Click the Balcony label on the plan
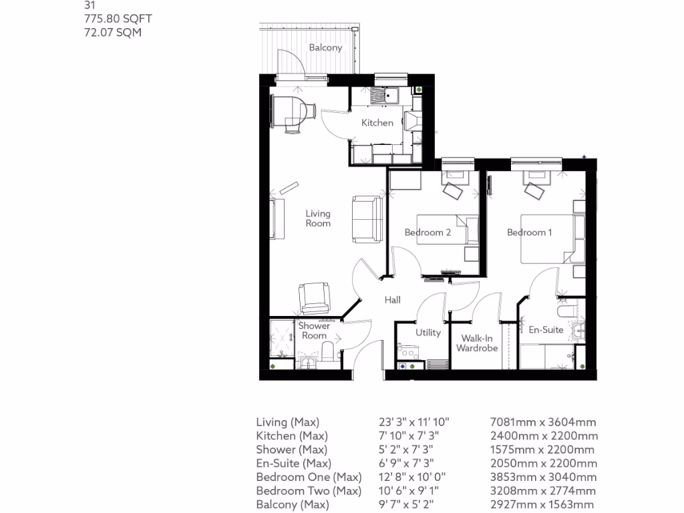pos(325,47)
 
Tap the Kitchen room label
pos(377,123)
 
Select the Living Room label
pos(318,218)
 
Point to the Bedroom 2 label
pos(427,232)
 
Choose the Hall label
pos(393,300)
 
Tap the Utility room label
pos(427,333)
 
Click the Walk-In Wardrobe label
pos(477,343)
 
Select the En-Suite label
pos(546,330)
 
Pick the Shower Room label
pos(314,331)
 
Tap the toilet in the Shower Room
pos(329,352)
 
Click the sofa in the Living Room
pos(366,218)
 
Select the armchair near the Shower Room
pos(314,298)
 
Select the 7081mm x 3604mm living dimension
pos(543,422)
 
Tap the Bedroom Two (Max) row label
pos(309,491)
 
